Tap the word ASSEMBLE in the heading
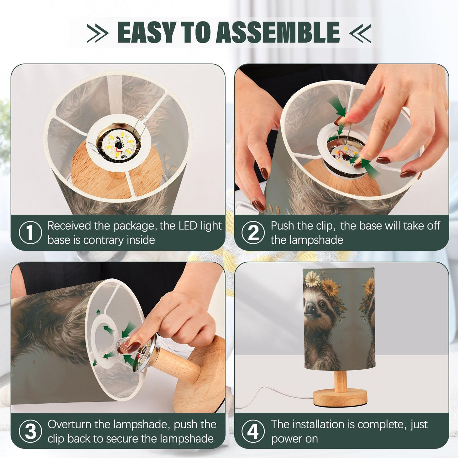[x=278, y=32]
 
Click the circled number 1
[x=30, y=233]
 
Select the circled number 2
[x=253, y=233]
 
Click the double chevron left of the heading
[x=98, y=33]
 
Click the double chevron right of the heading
[x=360, y=33]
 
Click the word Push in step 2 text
[x=283, y=226]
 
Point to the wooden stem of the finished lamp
[x=340, y=379]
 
